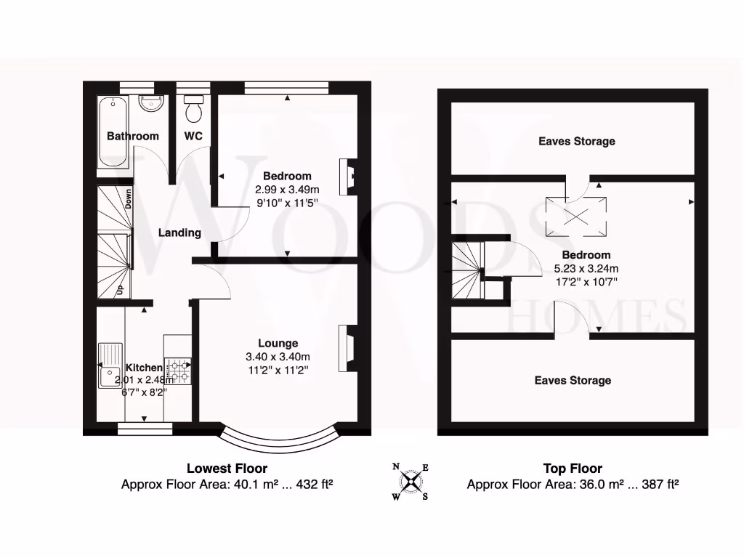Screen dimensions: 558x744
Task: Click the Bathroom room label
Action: tap(132, 136)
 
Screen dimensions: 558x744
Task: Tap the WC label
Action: tap(193, 136)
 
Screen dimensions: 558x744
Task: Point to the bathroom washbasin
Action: tap(152, 105)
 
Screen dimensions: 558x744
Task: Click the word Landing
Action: tap(179, 232)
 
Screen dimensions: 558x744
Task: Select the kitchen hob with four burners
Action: tap(178, 371)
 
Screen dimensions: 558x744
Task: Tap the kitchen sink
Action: tap(111, 367)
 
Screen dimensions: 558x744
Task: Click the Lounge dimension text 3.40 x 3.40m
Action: tap(278, 357)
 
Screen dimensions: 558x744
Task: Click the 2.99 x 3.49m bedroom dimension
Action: tap(287, 189)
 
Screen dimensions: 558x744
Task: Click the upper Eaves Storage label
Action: tap(576, 141)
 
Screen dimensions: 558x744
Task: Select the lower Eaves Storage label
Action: tap(573, 380)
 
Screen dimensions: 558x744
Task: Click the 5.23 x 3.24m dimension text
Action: tap(585, 268)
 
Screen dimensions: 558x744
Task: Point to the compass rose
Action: tap(411, 481)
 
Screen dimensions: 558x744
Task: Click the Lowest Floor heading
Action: tap(227, 469)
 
